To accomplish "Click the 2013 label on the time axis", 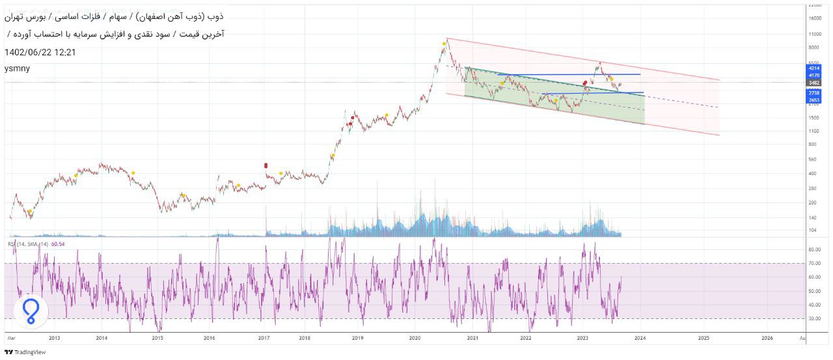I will [x=54, y=339].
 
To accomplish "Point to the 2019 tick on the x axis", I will [x=357, y=339].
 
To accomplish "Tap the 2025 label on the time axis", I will [x=703, y=339].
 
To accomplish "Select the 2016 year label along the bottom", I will [x=209, y=339].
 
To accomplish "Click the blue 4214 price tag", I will [x=813, y=68].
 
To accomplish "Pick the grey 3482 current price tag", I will [x=813, y=83].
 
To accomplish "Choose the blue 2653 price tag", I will [x=813, y=100].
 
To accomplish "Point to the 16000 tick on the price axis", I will [x=813, y=19].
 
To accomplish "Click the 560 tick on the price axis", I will [x=812, y=159].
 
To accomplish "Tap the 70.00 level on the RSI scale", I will [x=813, y=263].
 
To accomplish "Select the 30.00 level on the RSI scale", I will [x=813, y=318].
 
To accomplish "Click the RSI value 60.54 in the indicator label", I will [x=58, y=244].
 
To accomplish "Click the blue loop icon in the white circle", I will [x=31, y=312].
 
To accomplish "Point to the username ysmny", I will [x=17, y=68].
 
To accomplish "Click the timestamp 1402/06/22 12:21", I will [x=40, y=52].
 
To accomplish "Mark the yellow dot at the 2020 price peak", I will [x=444, y=44].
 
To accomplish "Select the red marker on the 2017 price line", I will [x=266, y=165].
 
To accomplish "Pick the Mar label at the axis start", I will [x=11, y=339].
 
